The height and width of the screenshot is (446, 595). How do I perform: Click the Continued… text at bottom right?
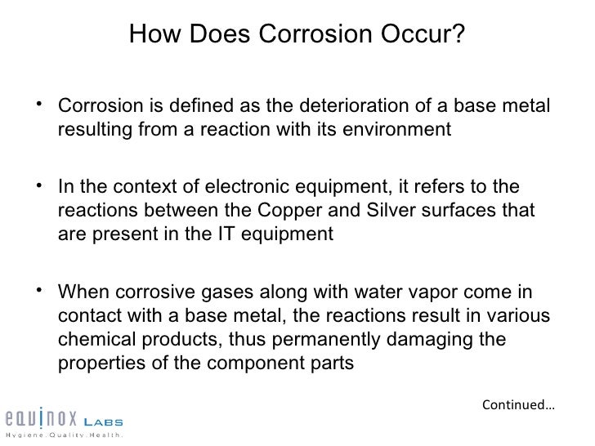click(517, 404)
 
